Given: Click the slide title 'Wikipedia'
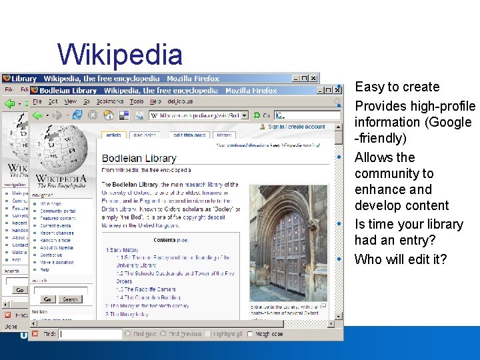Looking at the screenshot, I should coord(120,55).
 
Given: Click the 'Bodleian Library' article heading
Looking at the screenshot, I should coord(139,159).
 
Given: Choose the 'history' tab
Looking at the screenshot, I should coord(224,135).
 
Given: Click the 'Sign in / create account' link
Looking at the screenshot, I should coord(296,127).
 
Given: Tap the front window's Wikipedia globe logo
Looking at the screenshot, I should coord(61,151).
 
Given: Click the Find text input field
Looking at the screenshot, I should coord(90,334).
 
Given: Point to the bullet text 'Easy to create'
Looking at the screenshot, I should coord(397,87).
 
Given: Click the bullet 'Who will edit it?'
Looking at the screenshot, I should coord(400,259).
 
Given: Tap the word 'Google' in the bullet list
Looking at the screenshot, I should coord(450,123).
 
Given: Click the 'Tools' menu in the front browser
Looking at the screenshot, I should coord(137,102).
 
